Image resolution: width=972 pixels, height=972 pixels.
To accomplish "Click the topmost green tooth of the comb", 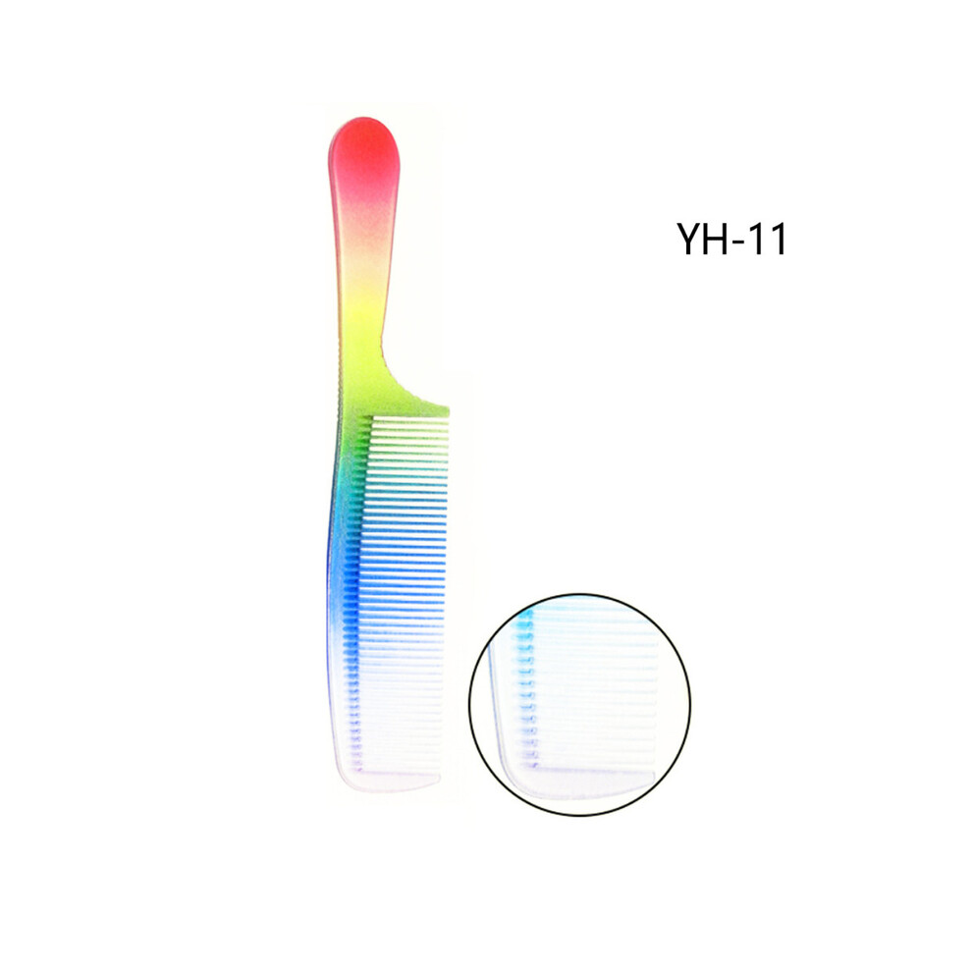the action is [409, 419].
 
